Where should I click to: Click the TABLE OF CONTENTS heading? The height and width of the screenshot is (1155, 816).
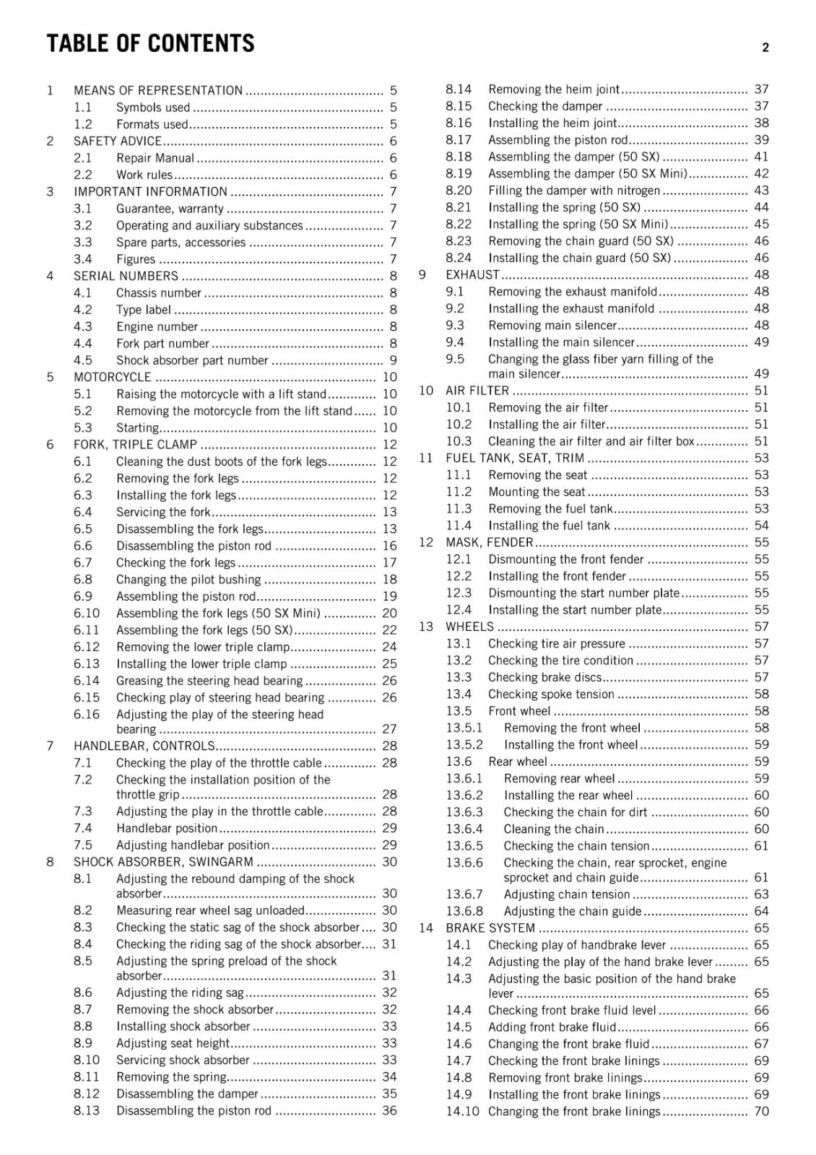pos(150,44)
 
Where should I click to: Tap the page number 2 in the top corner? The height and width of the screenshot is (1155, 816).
pos(765,48)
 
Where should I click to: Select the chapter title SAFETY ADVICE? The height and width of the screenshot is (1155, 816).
pos(117,141)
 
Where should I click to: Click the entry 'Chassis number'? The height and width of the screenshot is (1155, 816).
pos(158,293)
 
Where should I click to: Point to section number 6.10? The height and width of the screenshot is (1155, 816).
pos(87,614)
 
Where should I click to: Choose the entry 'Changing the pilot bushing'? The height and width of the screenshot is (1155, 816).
pos(188,580)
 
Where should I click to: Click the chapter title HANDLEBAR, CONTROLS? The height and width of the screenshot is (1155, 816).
pos(144,746)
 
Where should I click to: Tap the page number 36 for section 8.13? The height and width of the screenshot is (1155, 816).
pos(389,1111)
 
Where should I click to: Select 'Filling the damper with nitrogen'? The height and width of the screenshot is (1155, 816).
pos(574,191)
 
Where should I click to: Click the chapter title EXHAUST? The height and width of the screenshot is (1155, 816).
pos(472,275)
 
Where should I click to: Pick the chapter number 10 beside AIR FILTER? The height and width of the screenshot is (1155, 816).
pos(426,391)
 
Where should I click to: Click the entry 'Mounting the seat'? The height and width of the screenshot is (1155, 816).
pos(537,492)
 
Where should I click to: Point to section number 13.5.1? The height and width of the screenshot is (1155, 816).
pos(464,728)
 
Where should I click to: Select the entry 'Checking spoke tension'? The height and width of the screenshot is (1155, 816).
pos(551,694)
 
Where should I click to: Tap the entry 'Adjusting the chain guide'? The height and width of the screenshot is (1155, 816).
pos(573,911)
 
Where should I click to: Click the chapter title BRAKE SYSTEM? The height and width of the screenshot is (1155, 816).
pos(490,928)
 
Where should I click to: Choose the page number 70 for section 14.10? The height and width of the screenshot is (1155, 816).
pos(761,1112)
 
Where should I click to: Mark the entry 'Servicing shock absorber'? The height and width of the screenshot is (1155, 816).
pos(183,1060)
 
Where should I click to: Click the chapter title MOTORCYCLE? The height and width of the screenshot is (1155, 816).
pos(113,378)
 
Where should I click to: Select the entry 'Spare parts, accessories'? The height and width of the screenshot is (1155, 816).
pos(181,243)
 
